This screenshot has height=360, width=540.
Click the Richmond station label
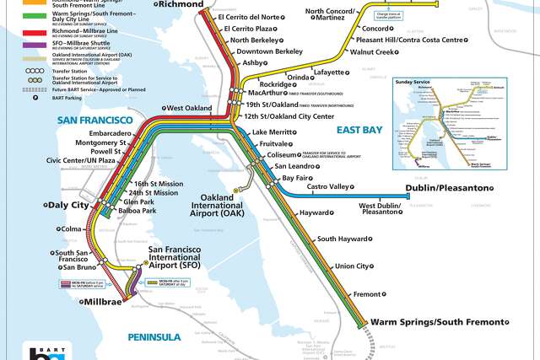click(x=181, y=4)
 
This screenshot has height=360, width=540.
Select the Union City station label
click(x=353, y=266)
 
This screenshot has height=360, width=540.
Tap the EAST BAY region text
click(x=359, y=130)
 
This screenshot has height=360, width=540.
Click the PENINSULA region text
click(x=154, y=337)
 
